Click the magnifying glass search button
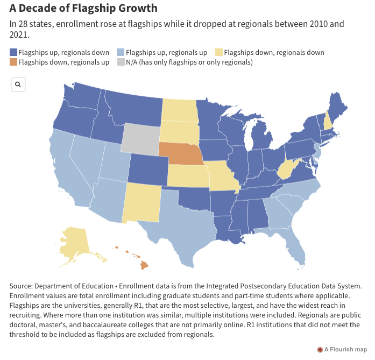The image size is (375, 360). pyautogui.click(x=18, y=84)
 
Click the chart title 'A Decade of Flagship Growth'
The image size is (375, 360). pyautogui.click(x=83, y=9)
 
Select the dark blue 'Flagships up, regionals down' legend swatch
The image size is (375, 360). pyautogui.click(x=13, y=52)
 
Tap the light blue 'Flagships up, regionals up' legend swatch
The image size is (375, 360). pyautogui.click(x=121, y=52)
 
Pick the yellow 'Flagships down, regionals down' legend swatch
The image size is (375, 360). pyautogui.click(x=219, y=52)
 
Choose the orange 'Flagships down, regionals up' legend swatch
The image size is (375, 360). pyautogui.click(x=13, y=62)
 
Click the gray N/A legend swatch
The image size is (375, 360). pyautogui.click(x=121, y=62)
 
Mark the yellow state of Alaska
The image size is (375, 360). pyautogui.click(x=75, y=242)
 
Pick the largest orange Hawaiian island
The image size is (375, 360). pyautogui.click(x=144, y=265)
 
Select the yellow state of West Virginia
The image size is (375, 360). pyautogui.click(x=287, y=171)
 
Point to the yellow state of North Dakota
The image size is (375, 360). pyautogui.click(x=179, y=110)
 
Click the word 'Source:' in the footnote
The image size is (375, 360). pyautogui.click(x=23, y=287)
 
